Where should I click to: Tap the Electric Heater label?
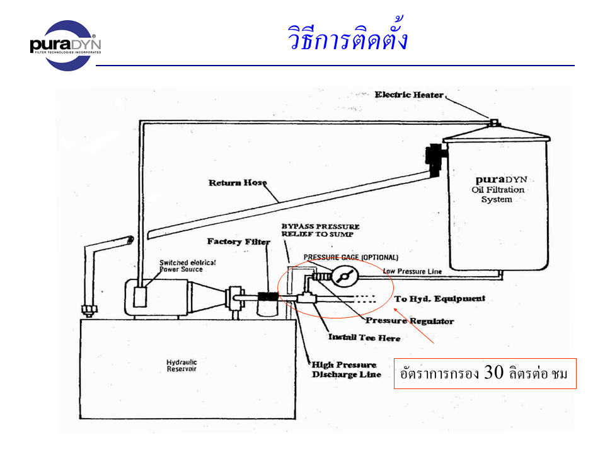point(409,95)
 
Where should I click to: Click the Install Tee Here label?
point(364,337)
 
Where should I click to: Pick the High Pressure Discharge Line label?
point(344,370)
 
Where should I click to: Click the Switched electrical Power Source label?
point(181,266)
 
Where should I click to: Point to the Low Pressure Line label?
point(412,271)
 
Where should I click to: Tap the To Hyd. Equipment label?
point(439,298)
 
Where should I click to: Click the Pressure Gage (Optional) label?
point(350,257)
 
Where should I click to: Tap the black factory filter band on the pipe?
point(268,296)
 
